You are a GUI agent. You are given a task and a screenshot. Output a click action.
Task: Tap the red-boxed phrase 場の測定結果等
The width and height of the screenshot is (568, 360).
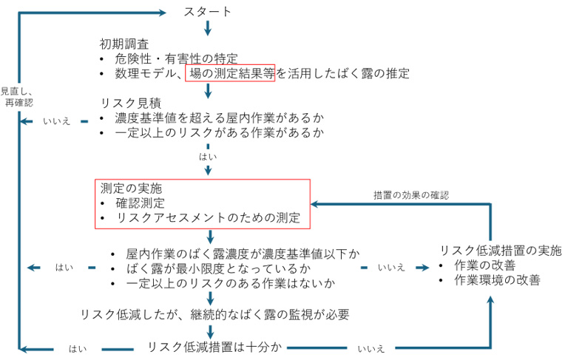(229, 73)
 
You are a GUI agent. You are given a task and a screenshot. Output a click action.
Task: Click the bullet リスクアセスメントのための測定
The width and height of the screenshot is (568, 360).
(207, 218)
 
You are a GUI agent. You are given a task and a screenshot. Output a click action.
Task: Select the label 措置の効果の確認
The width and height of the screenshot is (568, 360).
(410, 195)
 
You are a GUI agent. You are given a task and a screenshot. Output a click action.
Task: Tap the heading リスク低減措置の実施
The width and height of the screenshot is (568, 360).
(501, 250)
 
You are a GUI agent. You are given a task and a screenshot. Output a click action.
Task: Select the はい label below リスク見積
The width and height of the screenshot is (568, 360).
(208, 157)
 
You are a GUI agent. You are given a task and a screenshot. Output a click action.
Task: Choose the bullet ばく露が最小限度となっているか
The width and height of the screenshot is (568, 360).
(216, 268)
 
